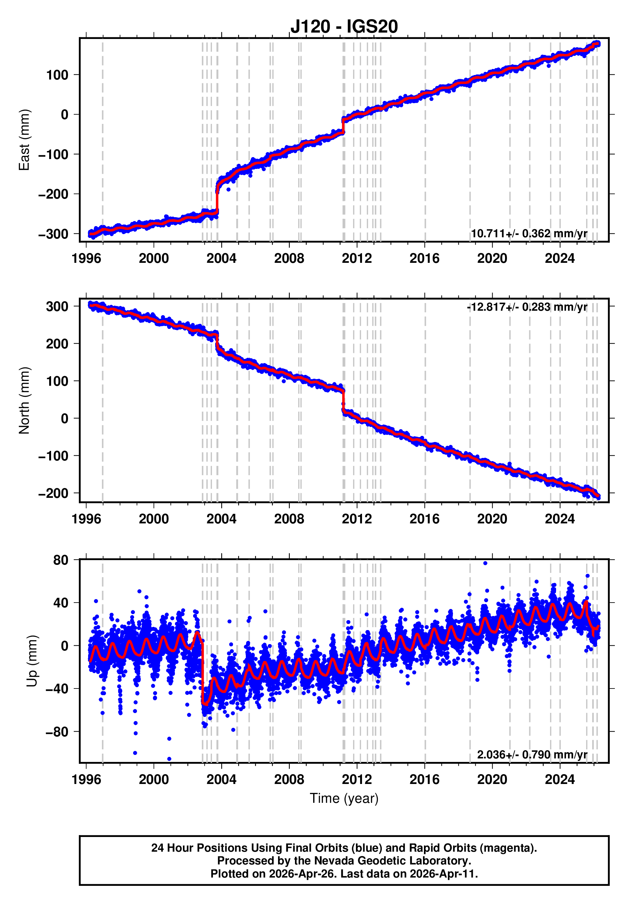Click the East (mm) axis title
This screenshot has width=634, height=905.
25,140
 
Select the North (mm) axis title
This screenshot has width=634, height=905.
25,400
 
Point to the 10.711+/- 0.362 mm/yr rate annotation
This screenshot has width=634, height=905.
529,233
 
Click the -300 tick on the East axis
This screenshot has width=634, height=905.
53,234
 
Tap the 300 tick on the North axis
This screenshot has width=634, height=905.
57,306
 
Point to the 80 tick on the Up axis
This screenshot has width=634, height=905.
61,560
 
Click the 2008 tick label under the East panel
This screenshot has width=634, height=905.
289,259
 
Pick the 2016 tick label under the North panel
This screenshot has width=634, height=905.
424,519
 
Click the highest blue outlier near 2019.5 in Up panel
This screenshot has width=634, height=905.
485,563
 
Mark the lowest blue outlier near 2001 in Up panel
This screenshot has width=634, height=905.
170,759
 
